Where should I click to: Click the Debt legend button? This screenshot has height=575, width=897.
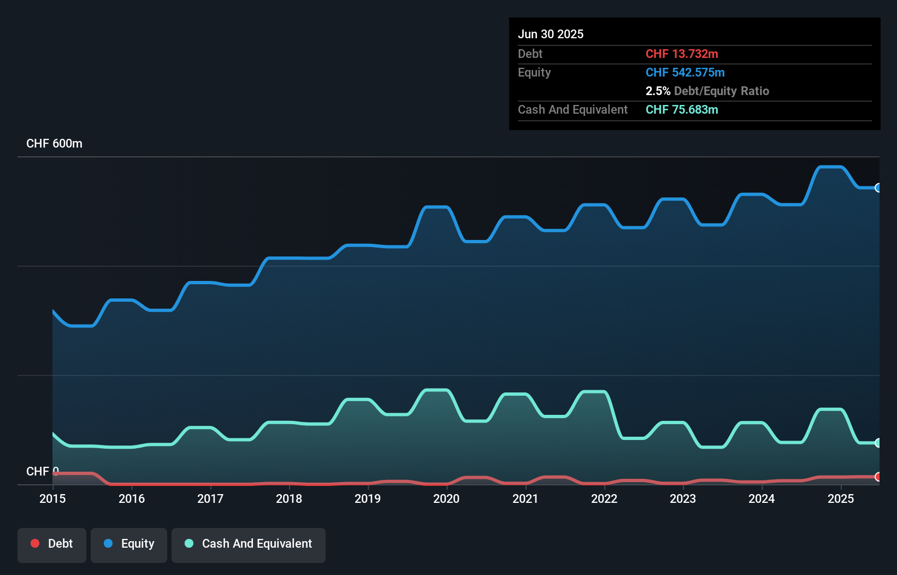point(52,544)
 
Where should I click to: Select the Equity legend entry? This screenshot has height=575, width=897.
point(129,544)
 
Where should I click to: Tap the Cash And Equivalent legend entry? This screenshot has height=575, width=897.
point(249,544)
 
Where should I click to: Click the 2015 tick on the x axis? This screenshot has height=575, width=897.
point(52,498)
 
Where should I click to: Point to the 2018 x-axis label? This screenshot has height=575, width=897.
point(289,498)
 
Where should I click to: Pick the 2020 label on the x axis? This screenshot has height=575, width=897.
point(446,498)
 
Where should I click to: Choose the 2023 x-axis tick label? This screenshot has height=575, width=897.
point(683,498)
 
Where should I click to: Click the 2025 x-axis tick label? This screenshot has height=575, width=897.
point(841,498)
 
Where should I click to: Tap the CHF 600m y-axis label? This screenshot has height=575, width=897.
point(54,144)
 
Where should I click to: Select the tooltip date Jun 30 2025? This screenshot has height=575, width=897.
point(551,34)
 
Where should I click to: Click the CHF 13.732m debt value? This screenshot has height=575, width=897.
point(682,54)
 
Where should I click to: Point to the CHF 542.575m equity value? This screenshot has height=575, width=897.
point(685,72)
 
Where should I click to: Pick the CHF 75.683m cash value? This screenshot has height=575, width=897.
point(682,109)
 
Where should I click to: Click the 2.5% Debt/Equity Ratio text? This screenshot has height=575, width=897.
point(707,91)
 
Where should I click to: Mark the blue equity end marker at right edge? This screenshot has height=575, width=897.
point(878,188)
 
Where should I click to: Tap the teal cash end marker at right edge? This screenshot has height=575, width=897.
point(878,443)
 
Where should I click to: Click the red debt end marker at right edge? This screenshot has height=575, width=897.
point(878,477)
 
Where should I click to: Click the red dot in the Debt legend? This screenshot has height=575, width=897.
point(35,543)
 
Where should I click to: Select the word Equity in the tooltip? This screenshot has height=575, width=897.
point(534,72)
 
